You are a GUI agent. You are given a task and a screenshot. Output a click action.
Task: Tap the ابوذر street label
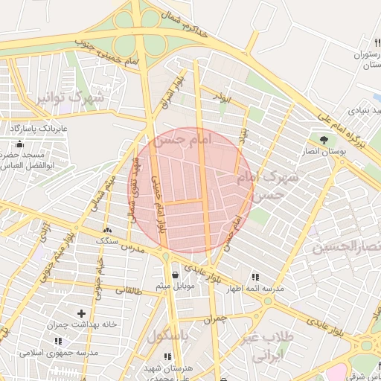pos(222,98)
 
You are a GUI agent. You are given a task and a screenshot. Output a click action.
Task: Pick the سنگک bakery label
pos(107,241)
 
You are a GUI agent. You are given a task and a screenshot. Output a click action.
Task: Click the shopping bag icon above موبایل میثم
pos(175,275)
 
